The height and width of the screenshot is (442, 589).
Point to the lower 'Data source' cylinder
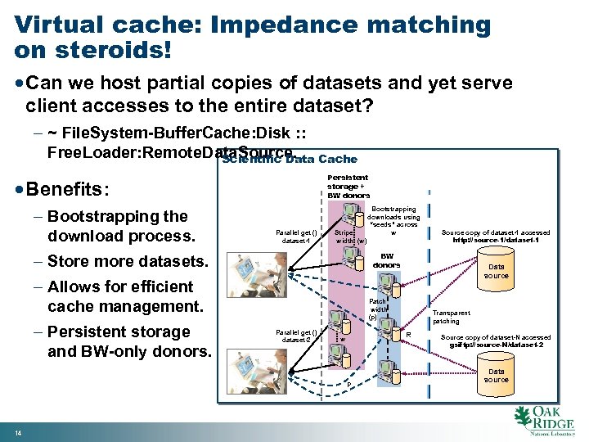[496, 375]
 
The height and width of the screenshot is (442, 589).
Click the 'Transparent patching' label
[451, 317]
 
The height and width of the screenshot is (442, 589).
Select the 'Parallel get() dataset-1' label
[296, 237]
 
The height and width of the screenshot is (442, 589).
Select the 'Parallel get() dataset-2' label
[296, 336]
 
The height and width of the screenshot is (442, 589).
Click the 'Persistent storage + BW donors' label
[348, 187]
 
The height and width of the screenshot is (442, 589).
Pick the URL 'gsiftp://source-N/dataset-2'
[496, 345]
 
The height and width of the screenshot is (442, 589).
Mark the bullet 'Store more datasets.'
[128, 262]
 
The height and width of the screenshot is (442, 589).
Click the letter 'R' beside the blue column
[407, 334]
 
